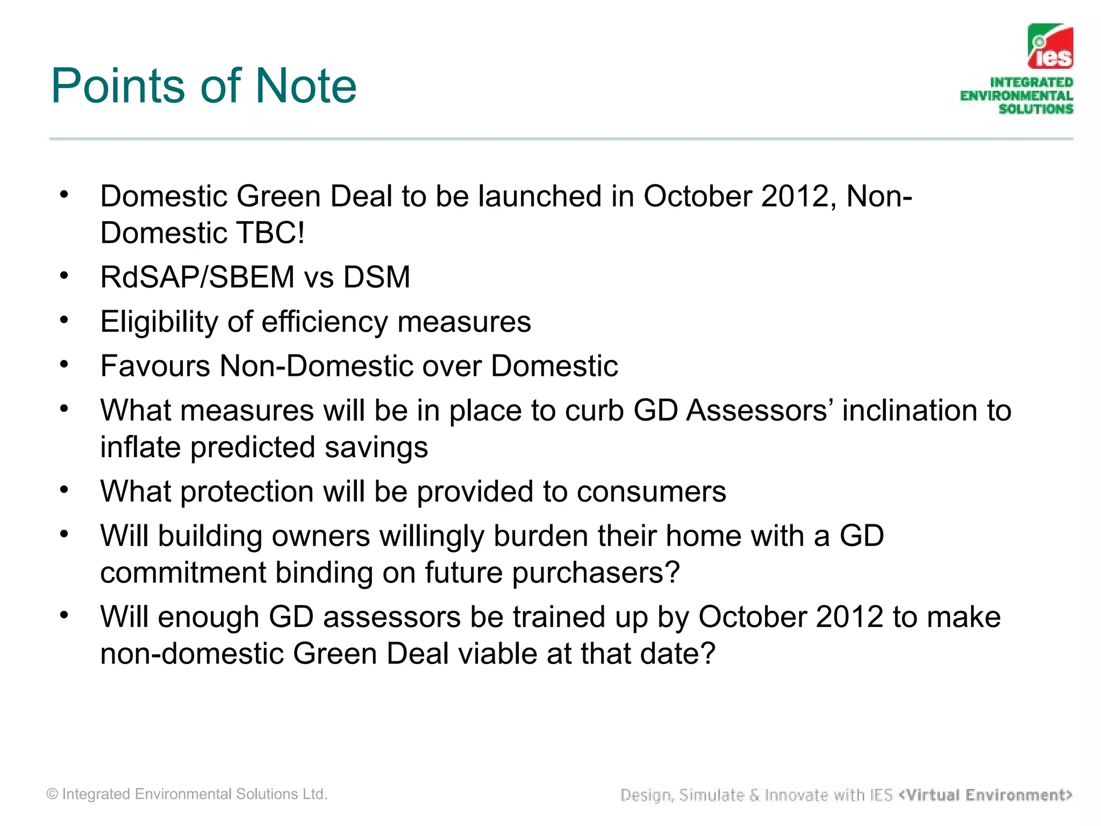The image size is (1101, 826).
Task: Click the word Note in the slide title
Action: click(305, 86)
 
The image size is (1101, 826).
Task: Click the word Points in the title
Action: click(119, 86)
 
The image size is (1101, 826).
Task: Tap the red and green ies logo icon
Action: click(1050, 47)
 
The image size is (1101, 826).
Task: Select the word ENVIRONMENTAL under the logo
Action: click(1016, 96)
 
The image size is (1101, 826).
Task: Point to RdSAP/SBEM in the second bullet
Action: click(197, 277)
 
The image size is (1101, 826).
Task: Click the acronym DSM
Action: click(376, 277)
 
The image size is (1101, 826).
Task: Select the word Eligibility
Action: click(159, 322)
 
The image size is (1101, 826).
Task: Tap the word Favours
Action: click(155, 366)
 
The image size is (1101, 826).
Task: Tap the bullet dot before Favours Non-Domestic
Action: click(65, 365)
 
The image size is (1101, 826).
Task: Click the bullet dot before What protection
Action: click(65, 490)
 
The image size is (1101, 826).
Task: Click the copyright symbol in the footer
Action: click(52, 794)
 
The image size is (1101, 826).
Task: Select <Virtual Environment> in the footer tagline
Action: click(985, 795)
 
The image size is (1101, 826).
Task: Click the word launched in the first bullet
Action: click(540, 196)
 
